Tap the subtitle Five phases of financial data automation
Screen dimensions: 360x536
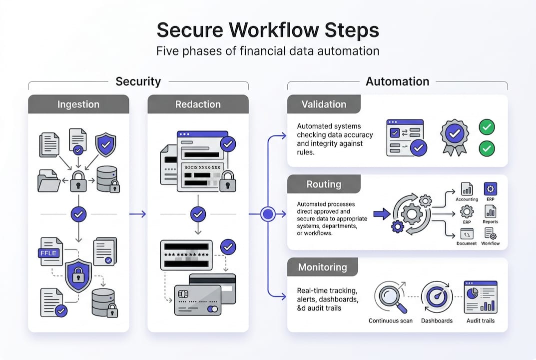pos(268,51)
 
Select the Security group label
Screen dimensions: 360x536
pos(138,81)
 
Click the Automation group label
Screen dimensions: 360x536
pos(397,81)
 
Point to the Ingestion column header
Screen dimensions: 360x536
pos(78,104)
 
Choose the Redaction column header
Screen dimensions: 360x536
pos(198,104)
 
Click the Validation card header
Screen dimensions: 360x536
pos(324,104)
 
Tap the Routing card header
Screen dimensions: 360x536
pos(324,184)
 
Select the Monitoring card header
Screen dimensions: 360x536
pos(323,267)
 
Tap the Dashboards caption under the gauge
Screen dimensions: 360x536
pos(437,321)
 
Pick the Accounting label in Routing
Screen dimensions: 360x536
pos(467,198)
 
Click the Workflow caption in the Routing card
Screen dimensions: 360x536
pos(490,243)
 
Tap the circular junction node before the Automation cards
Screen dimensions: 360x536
pos(268,214)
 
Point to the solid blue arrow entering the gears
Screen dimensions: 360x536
pos(382,214)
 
